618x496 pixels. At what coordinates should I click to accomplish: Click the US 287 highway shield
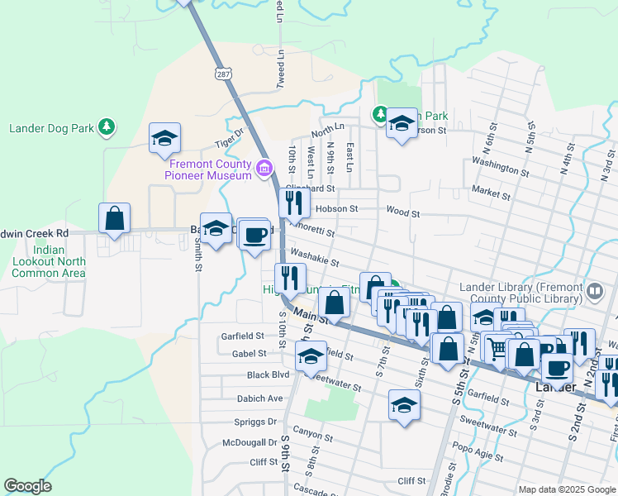point(224,74)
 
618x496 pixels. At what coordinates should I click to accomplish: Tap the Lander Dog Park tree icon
point(106,127)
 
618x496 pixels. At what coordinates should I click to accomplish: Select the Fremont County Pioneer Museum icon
point(264,169)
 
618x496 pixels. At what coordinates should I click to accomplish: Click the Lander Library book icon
point(595,290)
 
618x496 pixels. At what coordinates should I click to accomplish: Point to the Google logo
point(27,486)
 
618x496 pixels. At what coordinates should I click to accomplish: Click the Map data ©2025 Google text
point(567,489)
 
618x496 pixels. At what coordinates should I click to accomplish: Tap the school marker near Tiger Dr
point(164,139)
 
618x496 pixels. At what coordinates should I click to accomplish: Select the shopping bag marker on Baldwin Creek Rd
point(115,218)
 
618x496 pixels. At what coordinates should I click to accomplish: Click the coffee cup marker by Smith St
point(254,234)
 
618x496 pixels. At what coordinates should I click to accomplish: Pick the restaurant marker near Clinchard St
point(294,202)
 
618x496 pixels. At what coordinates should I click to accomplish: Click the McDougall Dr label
point(250,443)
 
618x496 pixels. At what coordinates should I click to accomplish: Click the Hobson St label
point(336,210)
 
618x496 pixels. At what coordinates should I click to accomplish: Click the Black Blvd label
point(269,374)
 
